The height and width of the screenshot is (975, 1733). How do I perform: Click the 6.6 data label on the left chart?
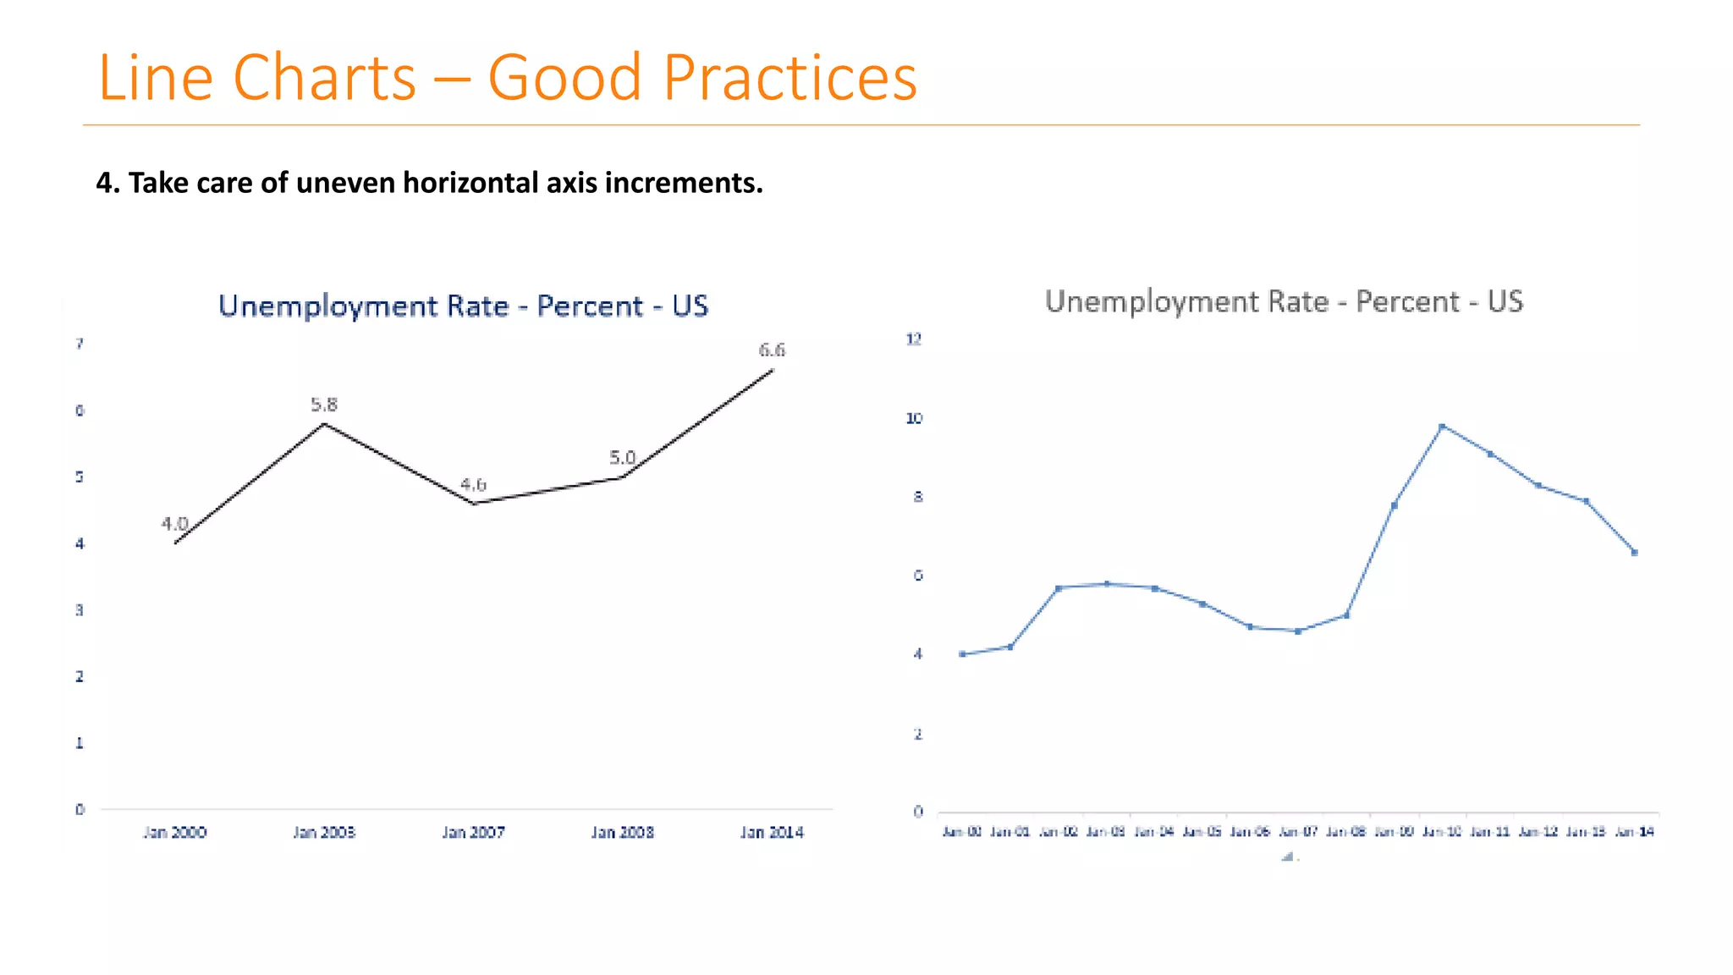coord(772,350)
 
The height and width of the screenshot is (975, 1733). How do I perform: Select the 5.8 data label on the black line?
coord(324,405)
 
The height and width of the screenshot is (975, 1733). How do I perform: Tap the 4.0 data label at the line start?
coord(174,523)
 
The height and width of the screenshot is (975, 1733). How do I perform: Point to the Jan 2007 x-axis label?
coord(473,832)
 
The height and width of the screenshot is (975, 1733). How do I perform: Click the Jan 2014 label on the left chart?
coord(772,832)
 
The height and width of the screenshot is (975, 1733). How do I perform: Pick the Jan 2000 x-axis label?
coord(174,832)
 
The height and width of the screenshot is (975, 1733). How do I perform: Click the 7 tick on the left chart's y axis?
coord(80,344)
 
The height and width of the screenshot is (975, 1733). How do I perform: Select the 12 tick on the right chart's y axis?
coord(914,339)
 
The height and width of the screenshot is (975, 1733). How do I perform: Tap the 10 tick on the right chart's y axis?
coord(914,418)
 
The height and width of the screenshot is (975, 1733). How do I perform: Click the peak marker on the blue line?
coord(1442,427)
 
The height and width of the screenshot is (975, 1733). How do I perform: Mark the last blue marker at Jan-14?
coord(1635,553)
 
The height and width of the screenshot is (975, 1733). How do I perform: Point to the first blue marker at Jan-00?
coord(962,654)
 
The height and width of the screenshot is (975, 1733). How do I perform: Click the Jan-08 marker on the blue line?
coord(1346,615)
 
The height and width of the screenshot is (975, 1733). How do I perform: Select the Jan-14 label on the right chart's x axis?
coord(1635,832)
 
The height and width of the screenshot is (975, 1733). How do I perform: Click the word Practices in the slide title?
coord(789,78)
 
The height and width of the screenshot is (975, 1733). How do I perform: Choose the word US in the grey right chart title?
coord(1505,301)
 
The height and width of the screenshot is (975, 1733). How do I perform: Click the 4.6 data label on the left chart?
coord(473,484)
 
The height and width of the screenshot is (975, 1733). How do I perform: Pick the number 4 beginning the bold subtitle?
coord(103,183)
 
